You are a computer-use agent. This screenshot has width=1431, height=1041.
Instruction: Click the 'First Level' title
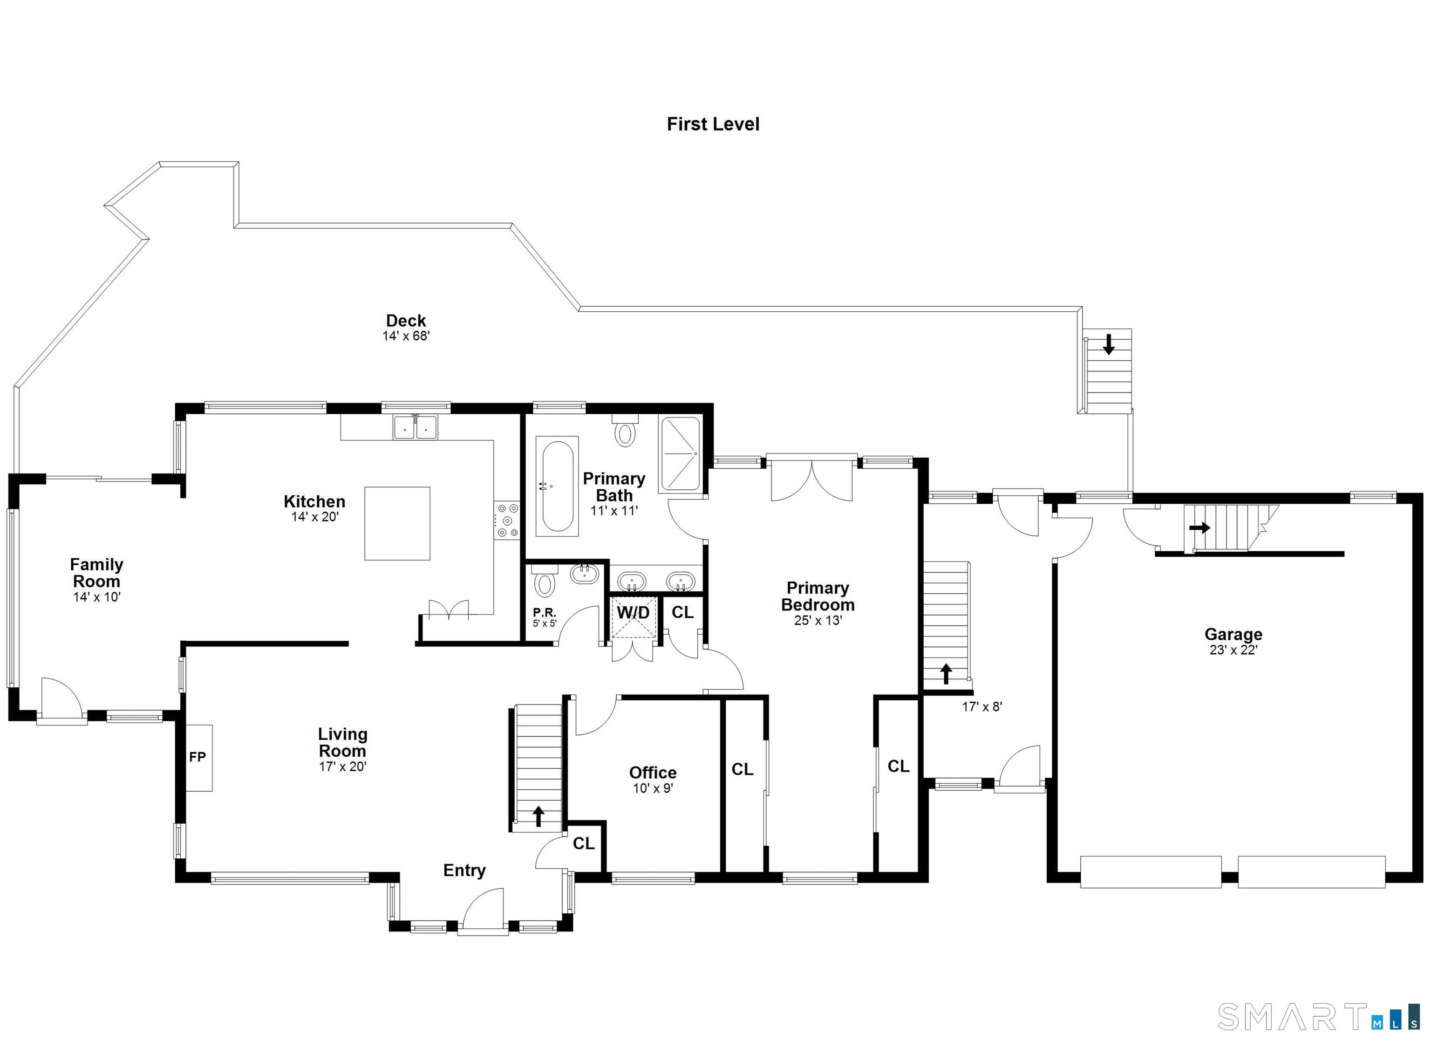pos(713,124)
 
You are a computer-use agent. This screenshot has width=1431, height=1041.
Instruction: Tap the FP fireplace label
pos(198,756)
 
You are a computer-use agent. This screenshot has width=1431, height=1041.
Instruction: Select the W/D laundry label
pos(633,612)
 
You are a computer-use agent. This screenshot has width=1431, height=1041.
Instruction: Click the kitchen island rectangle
pos(397,523)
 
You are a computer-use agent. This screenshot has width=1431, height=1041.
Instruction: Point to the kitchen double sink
pos(415,427)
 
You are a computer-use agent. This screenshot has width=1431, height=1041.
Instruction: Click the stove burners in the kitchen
pos(507,520)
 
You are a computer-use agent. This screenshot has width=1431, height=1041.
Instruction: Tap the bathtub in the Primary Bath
pos(557,486)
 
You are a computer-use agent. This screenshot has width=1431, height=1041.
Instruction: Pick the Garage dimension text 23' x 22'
pos(1233,650)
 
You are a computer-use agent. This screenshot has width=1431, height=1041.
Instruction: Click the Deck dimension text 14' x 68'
pos(406,336)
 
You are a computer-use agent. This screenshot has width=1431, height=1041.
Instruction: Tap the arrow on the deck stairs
pos(1109,344)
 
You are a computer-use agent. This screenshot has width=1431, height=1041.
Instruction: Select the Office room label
pos(653,773)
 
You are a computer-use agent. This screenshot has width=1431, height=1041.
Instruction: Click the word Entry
pos(464,870)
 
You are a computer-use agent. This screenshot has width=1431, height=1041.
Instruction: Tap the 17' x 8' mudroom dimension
pos(982,707)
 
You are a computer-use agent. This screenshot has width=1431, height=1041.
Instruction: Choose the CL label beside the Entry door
pos(584,843)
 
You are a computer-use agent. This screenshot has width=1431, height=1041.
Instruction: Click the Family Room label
pos(96,573)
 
